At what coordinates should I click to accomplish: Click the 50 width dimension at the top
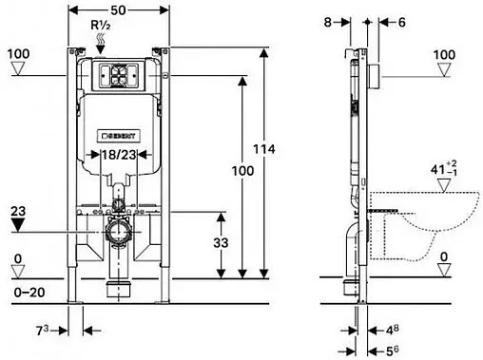coord(118,10)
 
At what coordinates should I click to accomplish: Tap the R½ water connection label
coord(101,25)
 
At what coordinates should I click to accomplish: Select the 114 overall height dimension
coord(264,149)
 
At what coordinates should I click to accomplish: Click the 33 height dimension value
coord(221,243)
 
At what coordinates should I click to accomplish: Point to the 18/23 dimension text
coord(119,155)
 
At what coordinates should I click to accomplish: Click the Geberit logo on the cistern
coord(118,136)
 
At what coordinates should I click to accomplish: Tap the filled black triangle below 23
coord(18,225)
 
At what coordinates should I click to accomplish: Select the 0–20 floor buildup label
coord(29,293)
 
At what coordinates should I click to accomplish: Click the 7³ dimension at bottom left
coord(42,331)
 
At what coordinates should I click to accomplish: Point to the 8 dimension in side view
coord(327,22)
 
